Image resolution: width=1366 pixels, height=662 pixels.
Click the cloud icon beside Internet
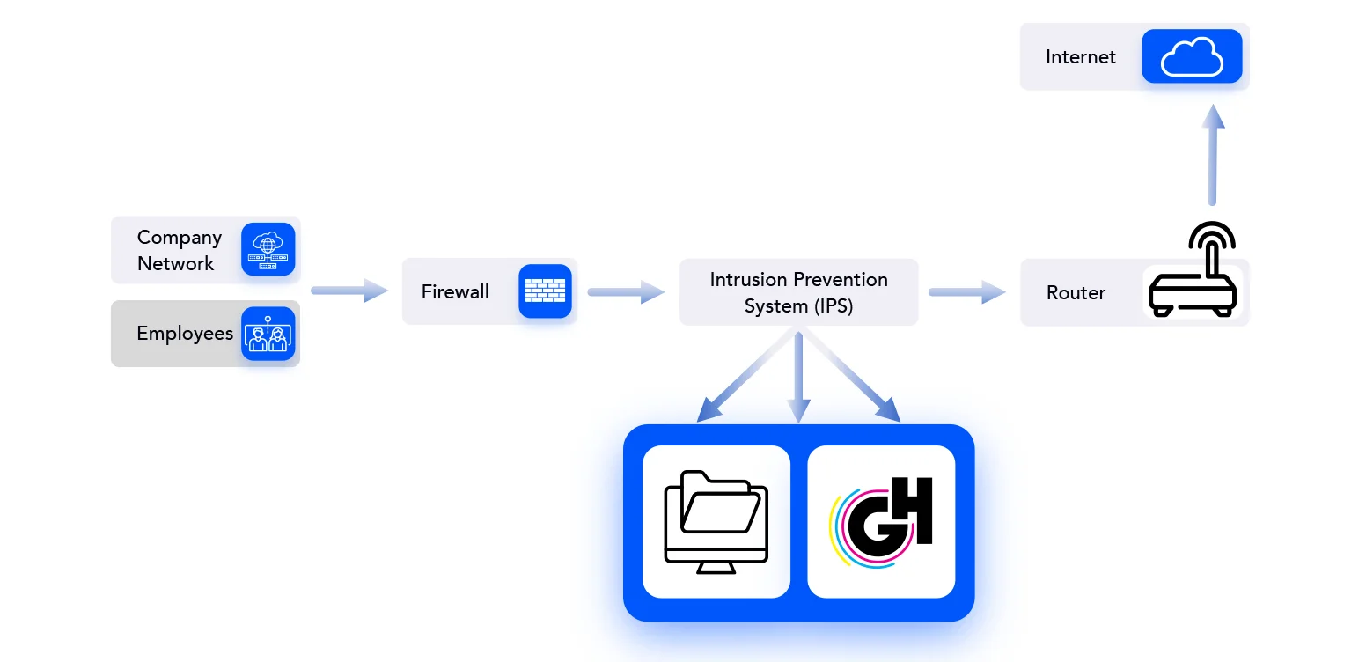[1192, 57]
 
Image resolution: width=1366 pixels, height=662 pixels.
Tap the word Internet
[1080, 57]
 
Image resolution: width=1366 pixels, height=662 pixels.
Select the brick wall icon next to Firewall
[545, 291]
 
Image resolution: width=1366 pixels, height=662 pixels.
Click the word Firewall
[455, 292]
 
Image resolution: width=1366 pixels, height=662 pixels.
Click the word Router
[1076, 293]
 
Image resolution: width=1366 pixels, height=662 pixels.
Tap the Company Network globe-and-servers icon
[268, 249]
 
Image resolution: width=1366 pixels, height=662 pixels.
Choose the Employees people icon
[268, 335]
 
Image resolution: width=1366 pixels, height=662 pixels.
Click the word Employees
[185, 334]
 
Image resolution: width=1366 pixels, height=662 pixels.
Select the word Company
[180, 238]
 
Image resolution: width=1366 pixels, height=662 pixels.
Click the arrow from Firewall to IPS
[626, 291]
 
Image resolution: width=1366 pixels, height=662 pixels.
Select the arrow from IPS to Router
[966, 291]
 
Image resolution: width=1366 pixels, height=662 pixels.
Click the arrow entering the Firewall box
[349, 291]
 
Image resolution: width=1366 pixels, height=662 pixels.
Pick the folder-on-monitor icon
[716, 521]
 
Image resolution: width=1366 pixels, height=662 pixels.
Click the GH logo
[881, 521]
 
